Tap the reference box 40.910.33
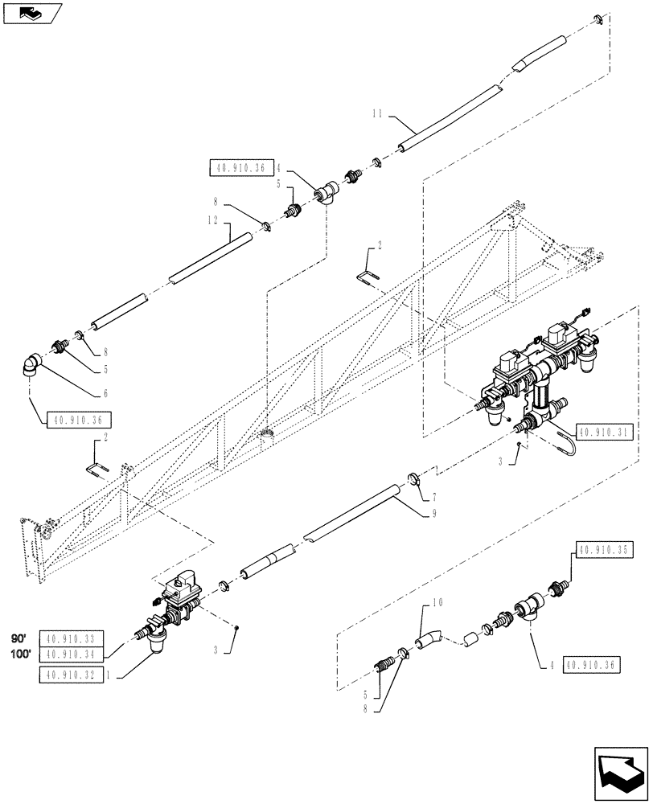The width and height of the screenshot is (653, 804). click(71, 640)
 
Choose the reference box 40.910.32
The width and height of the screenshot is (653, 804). click(71, 675)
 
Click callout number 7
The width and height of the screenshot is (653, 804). click(435, 489)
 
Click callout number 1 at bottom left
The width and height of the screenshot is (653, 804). click(119, 675)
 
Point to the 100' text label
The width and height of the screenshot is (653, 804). click(20, 654)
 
